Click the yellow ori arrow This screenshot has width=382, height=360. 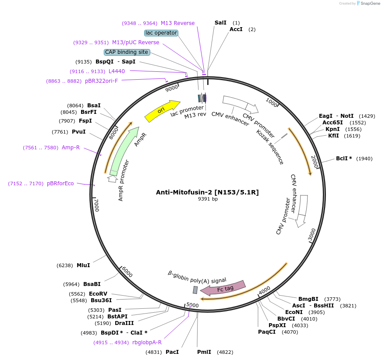point(162,111)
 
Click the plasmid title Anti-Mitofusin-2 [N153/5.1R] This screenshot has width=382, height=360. point(207,192)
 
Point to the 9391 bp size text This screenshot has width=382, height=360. point(208,199)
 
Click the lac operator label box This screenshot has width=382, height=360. point(161,33)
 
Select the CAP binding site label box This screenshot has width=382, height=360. point(127,52)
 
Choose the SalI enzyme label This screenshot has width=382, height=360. point(221,22)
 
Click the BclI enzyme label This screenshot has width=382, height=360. point(342,159)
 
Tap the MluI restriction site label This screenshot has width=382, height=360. point(83,265)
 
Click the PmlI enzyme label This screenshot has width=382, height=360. point(204,352)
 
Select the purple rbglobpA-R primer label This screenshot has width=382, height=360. point(147,342)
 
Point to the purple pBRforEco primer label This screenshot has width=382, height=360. point(60,184)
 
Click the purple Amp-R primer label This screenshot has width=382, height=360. point(71,148)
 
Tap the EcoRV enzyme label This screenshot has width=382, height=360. point(98,293)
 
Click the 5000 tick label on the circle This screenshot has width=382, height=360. point(192,305)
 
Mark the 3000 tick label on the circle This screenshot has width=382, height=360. point(311,235)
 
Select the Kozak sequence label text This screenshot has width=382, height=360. point(270,147)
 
